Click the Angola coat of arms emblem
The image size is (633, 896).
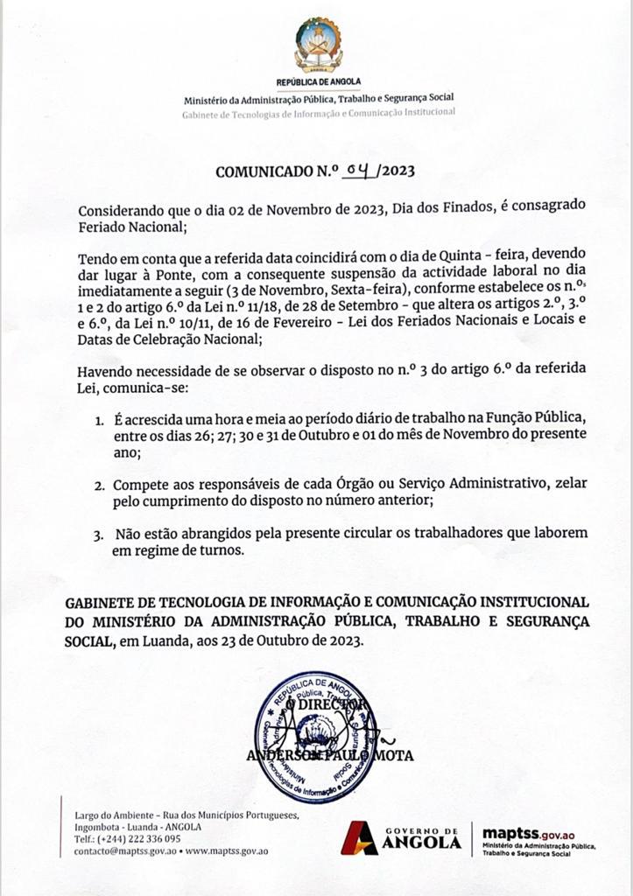click(x=318, y=45)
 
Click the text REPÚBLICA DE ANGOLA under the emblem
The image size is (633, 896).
click(x=318, y=81)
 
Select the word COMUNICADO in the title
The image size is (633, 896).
click(x=265, y=171)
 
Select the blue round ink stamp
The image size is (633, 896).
click(x=316, y=724)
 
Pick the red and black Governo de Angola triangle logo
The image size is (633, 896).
click(x=359, y=838)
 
